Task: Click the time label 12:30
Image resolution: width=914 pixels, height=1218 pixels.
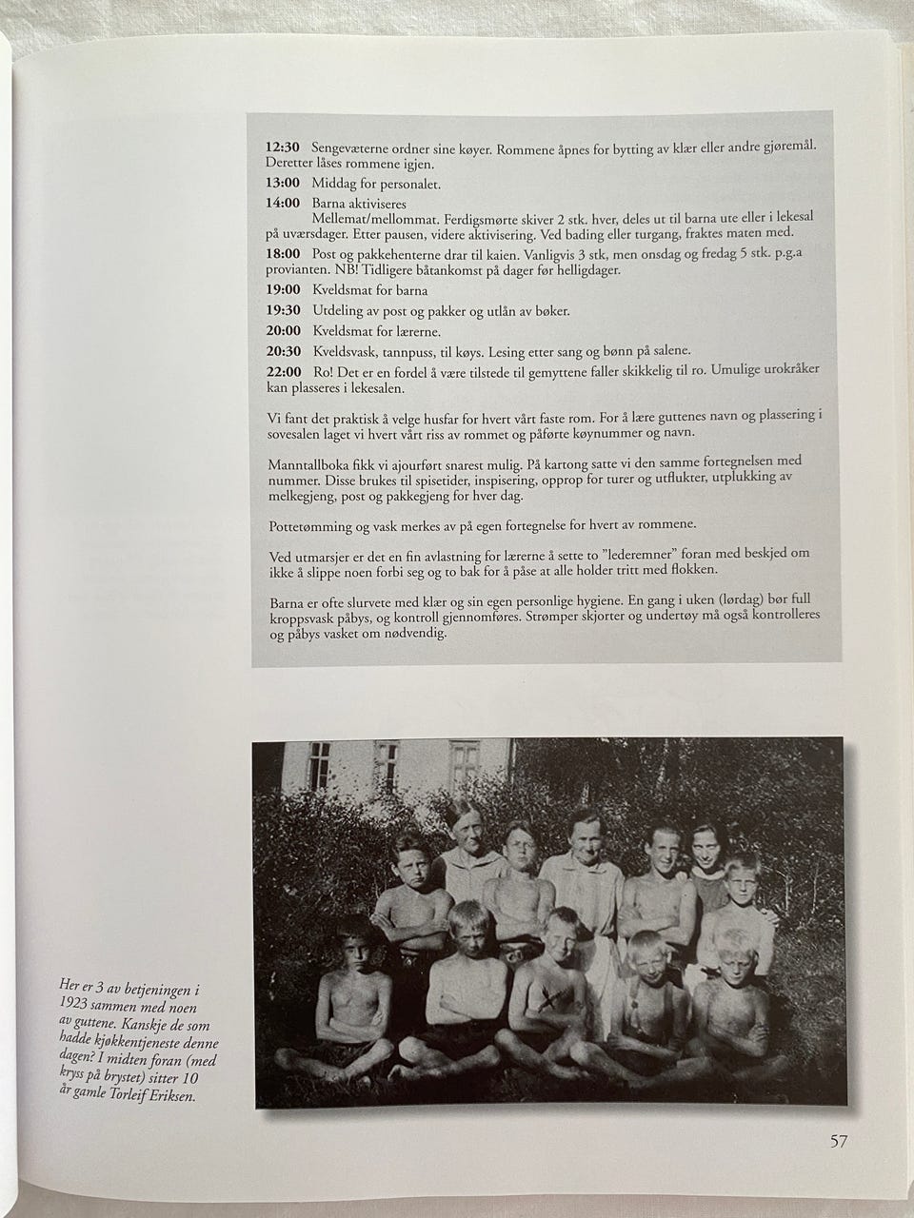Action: [282, 147]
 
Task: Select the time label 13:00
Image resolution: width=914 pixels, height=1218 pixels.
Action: [282, 184]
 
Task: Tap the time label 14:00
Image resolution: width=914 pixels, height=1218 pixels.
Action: [282, 204]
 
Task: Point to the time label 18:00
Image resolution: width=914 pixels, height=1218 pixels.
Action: [282, 254]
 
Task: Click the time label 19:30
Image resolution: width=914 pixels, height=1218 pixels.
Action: [282, 310]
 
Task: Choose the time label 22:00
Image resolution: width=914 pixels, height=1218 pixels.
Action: [282, 370]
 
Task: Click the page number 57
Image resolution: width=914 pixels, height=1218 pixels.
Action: [838, 1141]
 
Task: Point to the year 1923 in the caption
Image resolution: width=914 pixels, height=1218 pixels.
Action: [77, 1006]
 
